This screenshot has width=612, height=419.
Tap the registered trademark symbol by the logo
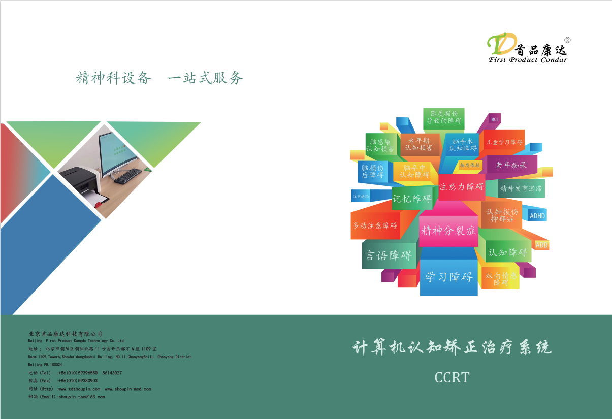[567, 40]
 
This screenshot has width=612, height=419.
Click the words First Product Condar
[528, 60]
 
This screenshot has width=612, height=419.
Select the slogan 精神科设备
[114, 78]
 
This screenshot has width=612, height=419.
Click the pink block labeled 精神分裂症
[448, 231]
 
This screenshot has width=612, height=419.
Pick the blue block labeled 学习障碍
[449, 277]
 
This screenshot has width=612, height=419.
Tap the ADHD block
[537, 216]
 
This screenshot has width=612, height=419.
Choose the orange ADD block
[541, 245]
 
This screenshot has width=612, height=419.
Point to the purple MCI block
[495, 120]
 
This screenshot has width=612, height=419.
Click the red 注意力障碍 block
[461, 187]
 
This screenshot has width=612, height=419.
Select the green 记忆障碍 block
[411, 199]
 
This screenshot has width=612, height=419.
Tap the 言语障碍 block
[389, 255]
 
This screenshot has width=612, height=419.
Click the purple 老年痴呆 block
[510, 165]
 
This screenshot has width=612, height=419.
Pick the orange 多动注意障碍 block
[375, 225]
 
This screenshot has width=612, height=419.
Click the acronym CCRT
[452, 377]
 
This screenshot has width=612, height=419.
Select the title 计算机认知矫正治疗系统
[452, 348]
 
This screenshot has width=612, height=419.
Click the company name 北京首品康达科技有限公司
[65, 334]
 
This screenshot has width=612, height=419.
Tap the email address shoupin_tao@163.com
[81, 397]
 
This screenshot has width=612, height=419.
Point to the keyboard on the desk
[127, 176]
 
